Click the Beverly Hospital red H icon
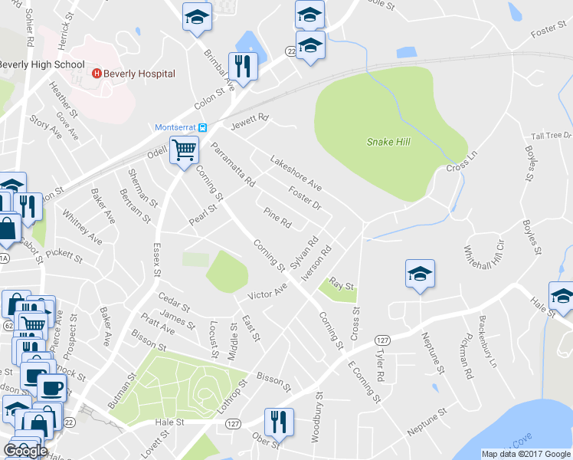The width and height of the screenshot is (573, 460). point(97,74)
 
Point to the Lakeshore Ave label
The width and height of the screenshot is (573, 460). point(295,172)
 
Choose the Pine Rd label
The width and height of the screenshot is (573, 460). point(277,218)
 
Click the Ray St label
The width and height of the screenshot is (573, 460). point(342,285)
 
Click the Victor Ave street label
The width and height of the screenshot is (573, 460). point(267,292)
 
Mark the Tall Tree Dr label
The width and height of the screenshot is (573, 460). point(552,136)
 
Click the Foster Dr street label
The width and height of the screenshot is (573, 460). point(304,195)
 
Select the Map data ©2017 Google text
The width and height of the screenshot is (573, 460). point(525,454)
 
